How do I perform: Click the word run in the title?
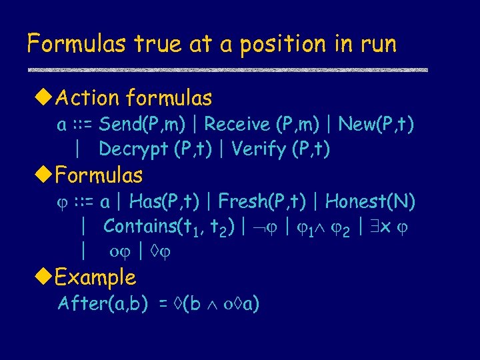377,44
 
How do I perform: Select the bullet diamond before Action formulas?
43,99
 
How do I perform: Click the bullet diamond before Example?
43,277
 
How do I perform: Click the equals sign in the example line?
162,305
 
